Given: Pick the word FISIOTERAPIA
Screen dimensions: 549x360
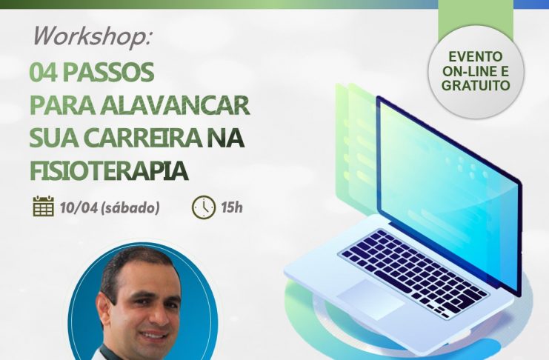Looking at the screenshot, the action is (109, 171).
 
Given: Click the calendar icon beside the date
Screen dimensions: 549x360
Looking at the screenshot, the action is (44, 206).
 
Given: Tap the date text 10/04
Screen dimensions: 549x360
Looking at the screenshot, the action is (79, 207).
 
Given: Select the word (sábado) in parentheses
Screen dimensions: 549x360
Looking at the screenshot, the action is (130, 208).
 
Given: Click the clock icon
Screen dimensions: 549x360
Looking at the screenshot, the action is (204, 207).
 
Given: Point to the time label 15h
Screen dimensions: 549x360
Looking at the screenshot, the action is (232, 207).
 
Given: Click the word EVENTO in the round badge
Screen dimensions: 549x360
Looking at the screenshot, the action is (476, 56).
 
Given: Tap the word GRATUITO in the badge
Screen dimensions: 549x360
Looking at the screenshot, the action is (476, 85).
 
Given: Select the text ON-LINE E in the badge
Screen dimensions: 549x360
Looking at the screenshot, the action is (476, 70).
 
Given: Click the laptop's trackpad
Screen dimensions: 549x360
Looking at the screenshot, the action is (370, 299).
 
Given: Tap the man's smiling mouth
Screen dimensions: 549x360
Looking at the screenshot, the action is (153, 335).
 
